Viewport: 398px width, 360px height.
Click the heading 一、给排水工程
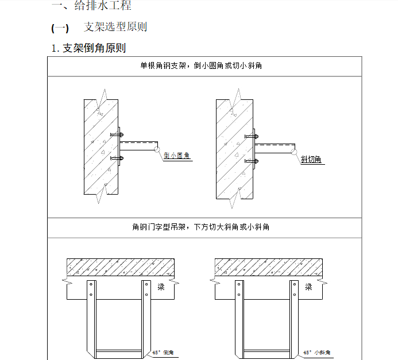pos(91,6)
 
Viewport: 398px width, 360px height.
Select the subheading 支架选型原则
pos(115,27)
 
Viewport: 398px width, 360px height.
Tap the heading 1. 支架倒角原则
pos(89,48)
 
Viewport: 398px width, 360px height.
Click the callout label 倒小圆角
pos(177,156)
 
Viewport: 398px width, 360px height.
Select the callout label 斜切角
pos(311,159)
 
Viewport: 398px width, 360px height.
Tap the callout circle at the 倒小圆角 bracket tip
pos(156,148)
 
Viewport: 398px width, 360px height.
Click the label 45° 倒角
pos(163,353)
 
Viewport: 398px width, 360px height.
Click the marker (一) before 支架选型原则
pos(60,28)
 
